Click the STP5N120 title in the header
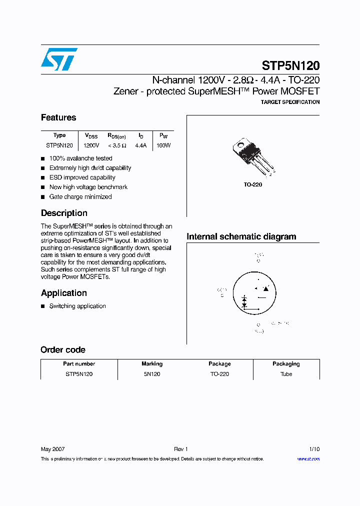click(x=290, y=65)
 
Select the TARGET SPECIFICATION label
click(x=290, y=102)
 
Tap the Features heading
click(x=58, y=117)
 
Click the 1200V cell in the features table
click(x=91, y=145)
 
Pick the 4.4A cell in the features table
click(x=141, y=145)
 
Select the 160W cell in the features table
click(x=163, y=145)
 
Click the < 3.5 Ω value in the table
click(x=116, y=145)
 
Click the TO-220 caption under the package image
click(x=252, y=184)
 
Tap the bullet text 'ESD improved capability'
click(x=82, y=177)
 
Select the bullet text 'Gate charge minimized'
click(x=80, y=196)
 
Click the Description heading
click(x=64, y=213)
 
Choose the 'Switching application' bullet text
click(x=77, y=306)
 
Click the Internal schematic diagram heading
click(x=241, y=236)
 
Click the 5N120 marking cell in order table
click(x=152, y=374)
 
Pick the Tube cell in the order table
click(x=286, y=374)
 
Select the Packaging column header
click(x=286, y=364)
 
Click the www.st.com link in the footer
click(x=308, y=459)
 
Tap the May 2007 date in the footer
click(x=52, y=449)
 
